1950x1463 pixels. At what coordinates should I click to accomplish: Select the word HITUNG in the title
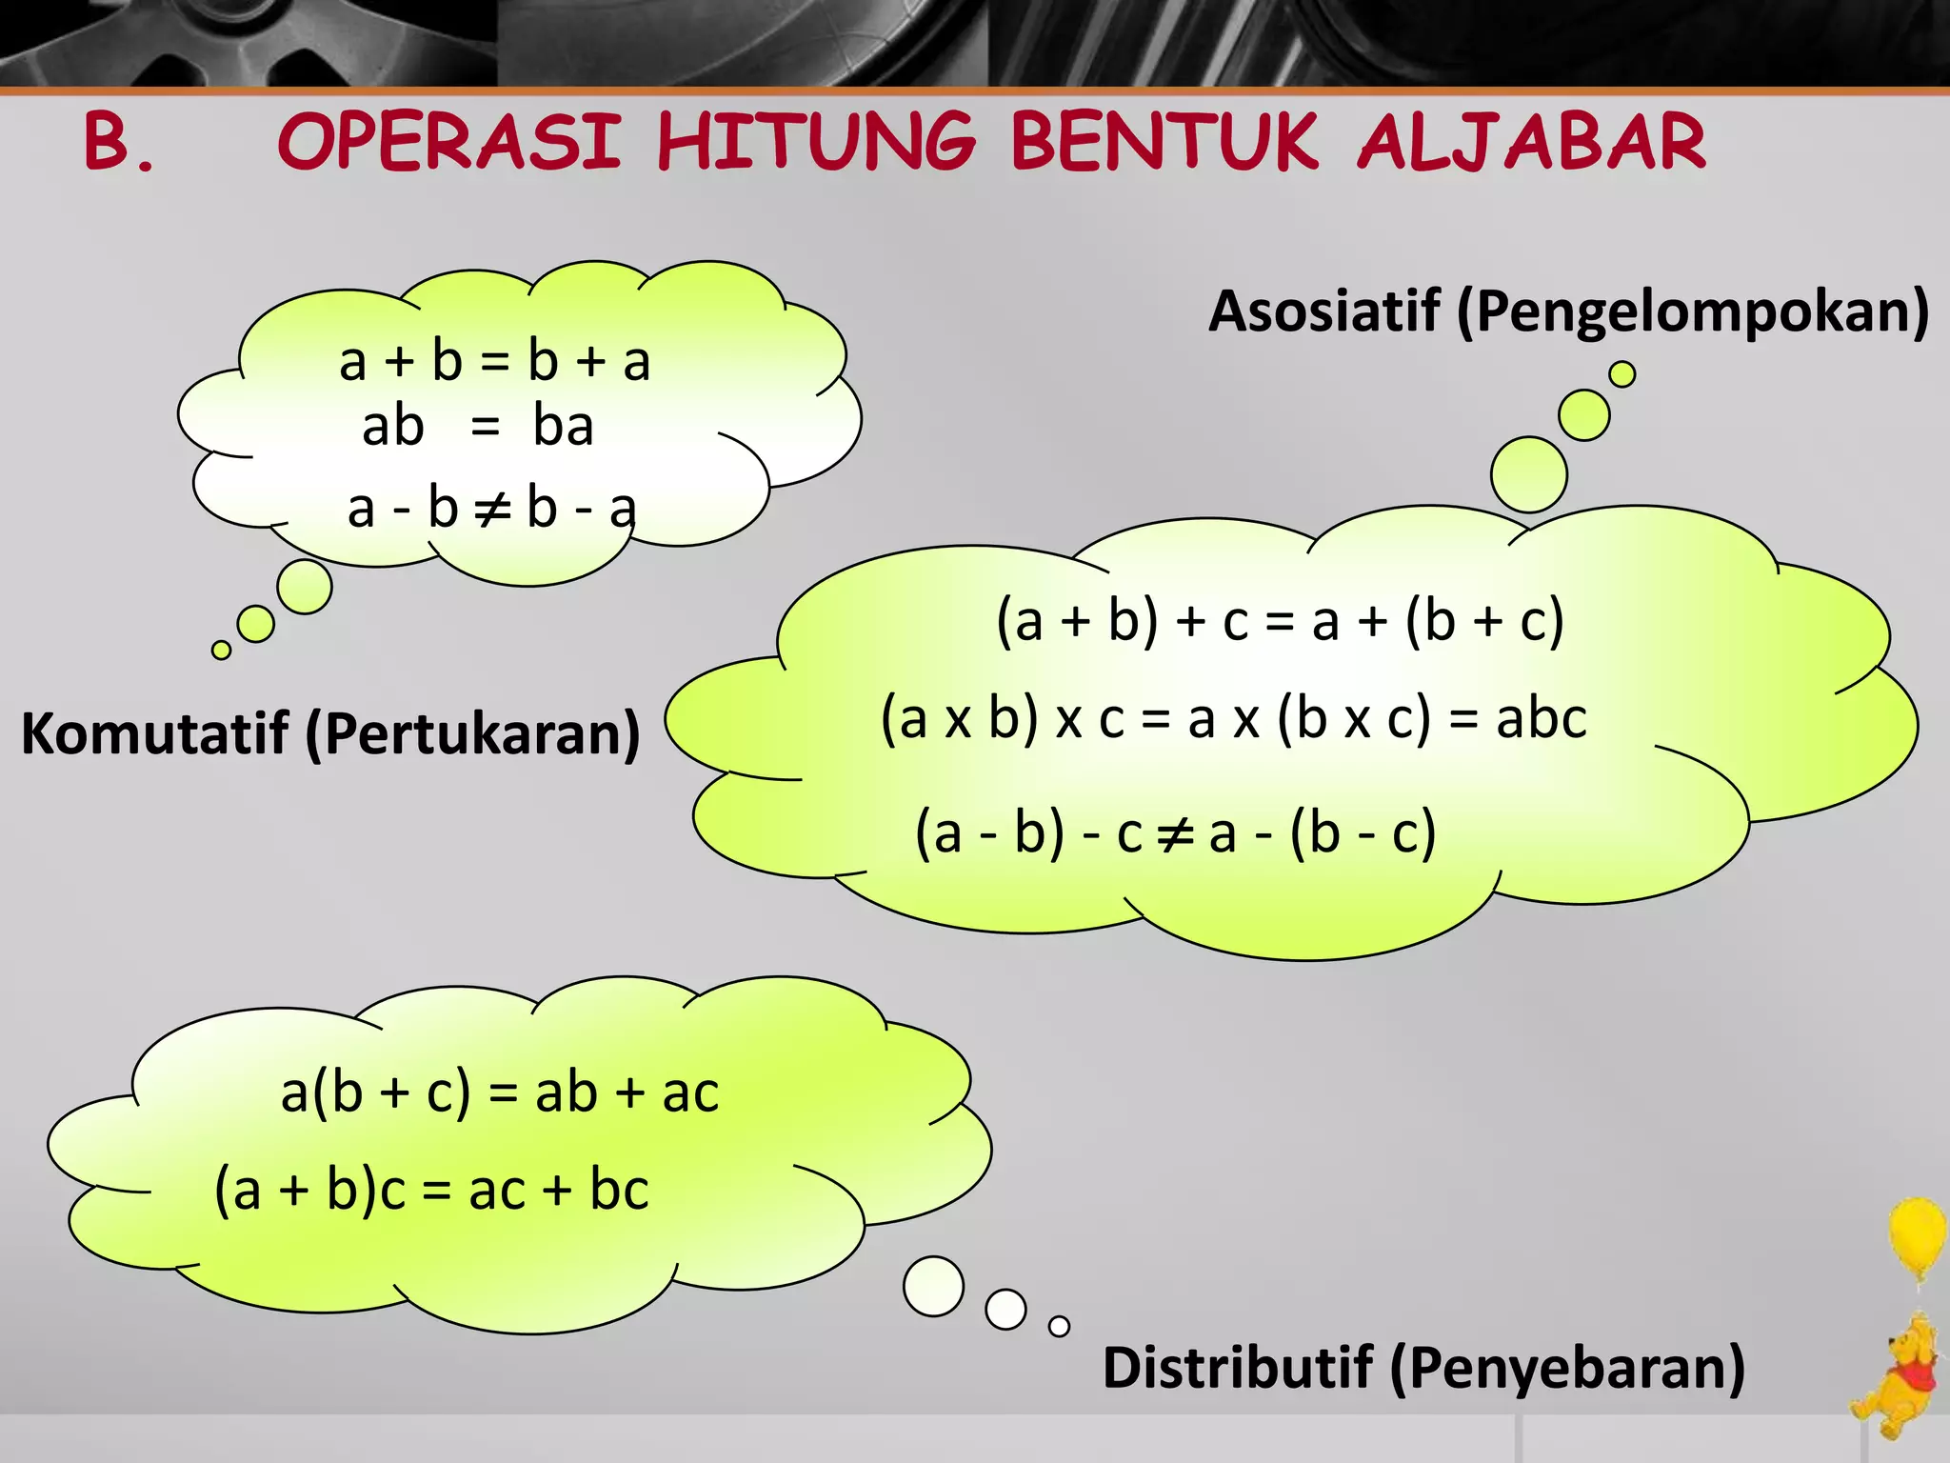pos(817,142)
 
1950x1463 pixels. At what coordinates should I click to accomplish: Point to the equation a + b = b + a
pos(494,362)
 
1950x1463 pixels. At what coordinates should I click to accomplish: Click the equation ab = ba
pos(478,426)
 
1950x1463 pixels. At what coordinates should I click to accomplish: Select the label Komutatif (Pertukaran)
pos(330,733)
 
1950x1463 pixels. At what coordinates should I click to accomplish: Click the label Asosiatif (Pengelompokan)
pos(1568,311)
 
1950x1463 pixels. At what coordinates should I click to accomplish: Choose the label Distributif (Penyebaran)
pos(1423,1368)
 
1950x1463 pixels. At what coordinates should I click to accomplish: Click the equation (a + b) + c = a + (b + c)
pos(1280,621)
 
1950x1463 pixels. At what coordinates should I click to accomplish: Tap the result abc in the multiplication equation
pos(1542,718)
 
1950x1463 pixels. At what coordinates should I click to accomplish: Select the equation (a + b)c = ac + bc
pos(432,1190)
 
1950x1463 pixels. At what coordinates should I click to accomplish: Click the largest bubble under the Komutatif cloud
pos(305,587)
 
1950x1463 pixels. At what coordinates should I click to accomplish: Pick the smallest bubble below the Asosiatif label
pos(1622,374)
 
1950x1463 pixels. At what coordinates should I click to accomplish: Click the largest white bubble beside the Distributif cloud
pos(933,1286)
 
